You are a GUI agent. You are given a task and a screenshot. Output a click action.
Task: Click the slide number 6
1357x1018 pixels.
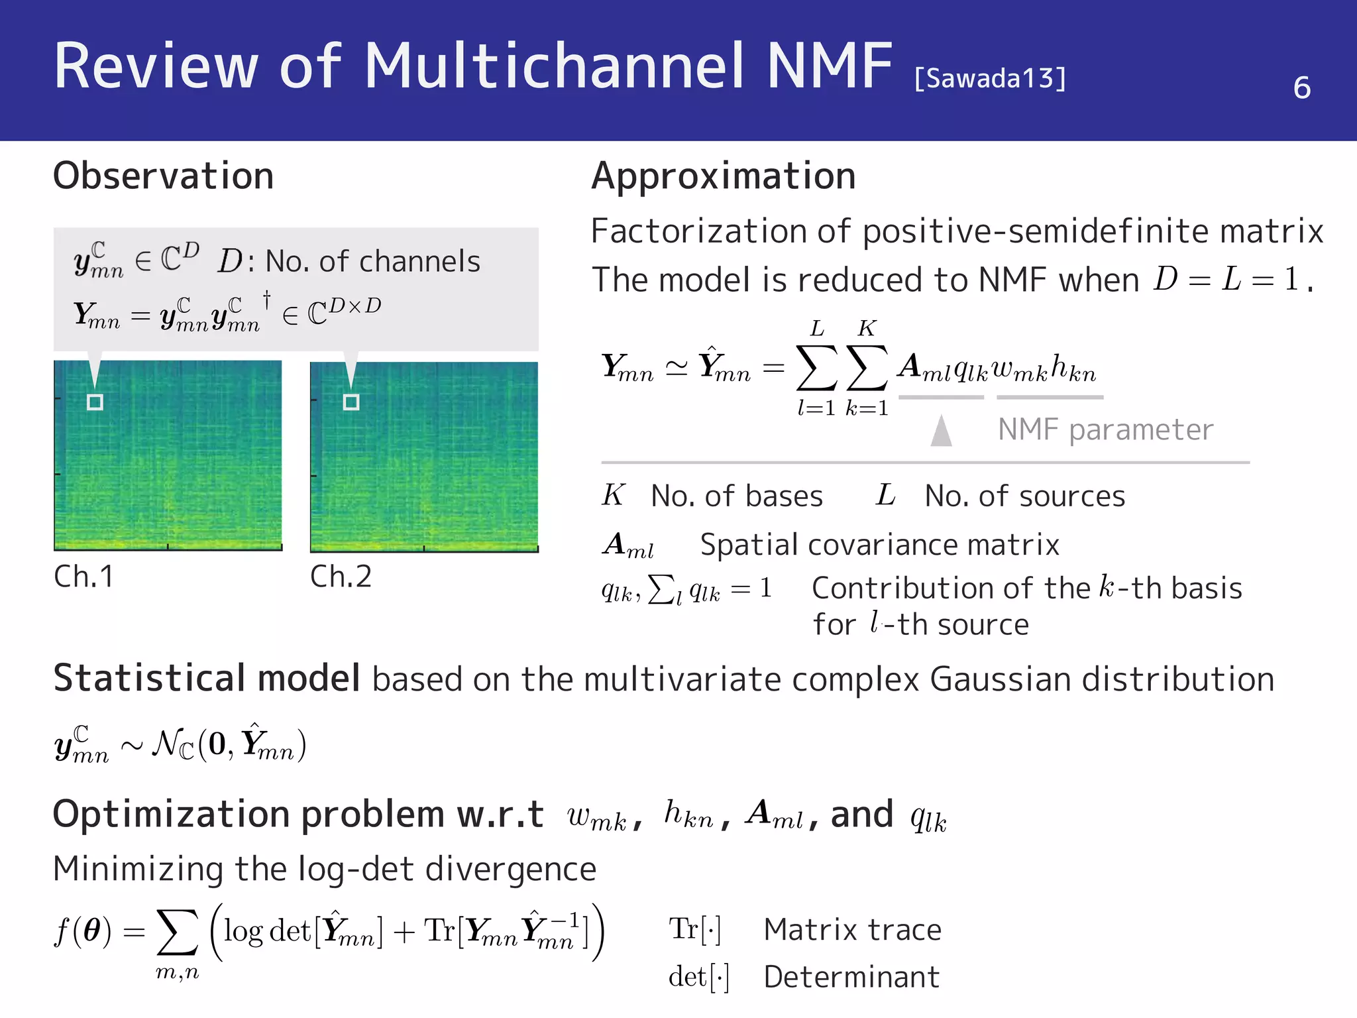tap(1301, 87)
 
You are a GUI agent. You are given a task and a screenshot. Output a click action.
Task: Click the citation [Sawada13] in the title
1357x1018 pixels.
tap(990, 78)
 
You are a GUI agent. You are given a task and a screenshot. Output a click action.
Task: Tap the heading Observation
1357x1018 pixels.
tap(163, 176)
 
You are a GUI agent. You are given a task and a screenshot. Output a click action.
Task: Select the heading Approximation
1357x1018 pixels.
tap(724, 176)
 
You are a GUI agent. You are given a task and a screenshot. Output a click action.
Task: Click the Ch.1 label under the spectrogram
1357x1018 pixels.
tap(83, 577)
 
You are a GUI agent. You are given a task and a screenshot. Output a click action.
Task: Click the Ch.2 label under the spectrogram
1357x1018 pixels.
tap(341, 577)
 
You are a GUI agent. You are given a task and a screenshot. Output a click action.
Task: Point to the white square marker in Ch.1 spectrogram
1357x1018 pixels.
tap(95, 402)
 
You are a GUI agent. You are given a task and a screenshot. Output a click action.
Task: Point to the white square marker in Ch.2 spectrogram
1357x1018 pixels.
tap(351, 402)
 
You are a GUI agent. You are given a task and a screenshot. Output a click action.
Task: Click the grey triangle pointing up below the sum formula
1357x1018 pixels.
tap(941, 431)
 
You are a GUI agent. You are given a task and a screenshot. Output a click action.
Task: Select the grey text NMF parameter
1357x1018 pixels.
tap(1105, 429)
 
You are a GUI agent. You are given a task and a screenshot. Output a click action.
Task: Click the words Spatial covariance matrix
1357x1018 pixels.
tap(879, 545)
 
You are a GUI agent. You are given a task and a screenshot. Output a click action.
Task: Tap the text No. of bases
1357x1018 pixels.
tap(737, 496)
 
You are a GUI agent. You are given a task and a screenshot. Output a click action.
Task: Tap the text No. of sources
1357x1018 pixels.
tap(1024, 496)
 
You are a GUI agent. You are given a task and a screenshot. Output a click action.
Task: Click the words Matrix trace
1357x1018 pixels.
tap(852, 929)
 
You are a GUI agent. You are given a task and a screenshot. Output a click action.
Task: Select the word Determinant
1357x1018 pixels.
tap(851, 977)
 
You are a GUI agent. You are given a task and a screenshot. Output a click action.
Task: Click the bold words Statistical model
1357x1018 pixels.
tap(207, 679)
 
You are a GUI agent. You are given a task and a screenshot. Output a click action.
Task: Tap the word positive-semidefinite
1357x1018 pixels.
tap(1036, 231)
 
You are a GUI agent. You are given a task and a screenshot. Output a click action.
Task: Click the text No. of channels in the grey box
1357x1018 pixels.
tap(372, 261)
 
